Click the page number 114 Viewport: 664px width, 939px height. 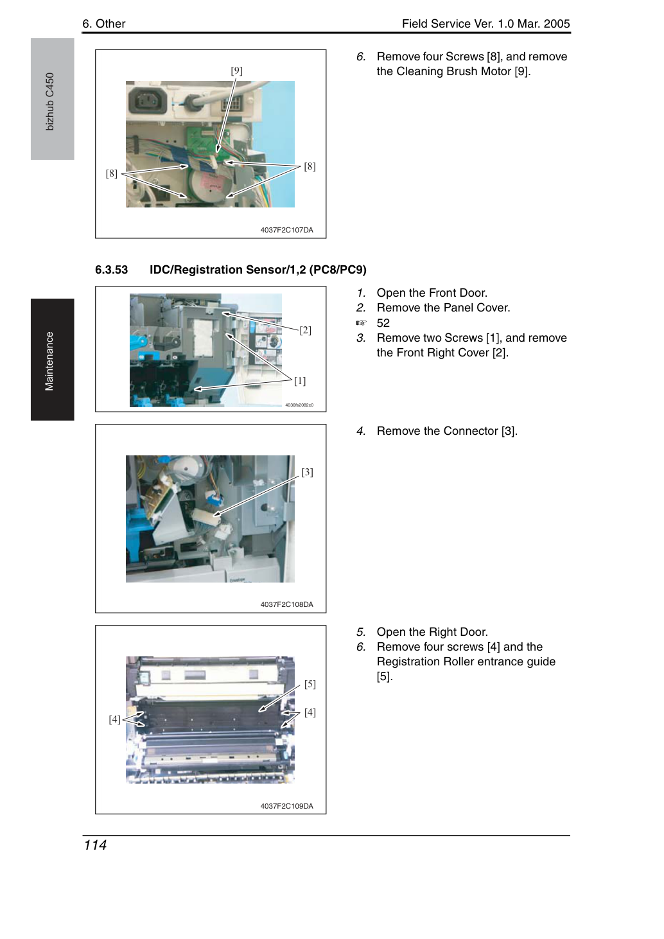(95, 845)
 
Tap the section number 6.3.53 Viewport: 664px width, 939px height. (112, 270)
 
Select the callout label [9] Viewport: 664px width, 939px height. (236, 71)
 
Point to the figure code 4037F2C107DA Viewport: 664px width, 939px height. (286, 230)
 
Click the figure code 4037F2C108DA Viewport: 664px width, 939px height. (286, 604)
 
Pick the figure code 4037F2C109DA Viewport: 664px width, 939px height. (286, 805)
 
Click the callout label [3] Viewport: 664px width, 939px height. (307, 472)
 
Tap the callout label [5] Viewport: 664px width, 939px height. (310, 684)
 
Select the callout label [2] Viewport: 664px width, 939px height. (305, 330)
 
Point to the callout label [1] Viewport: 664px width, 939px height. (300, 381)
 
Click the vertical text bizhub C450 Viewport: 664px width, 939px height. (49, 101)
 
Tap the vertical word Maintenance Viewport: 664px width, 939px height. (49, 361)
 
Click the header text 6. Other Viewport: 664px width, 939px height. (104, 24)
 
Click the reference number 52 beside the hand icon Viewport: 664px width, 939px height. (383, 323)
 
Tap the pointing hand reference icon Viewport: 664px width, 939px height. (361, 323)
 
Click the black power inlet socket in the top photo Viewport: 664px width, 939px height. (147, 101)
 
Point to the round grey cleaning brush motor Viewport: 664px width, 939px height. (208, 183)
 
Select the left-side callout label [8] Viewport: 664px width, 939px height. (112, 173)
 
